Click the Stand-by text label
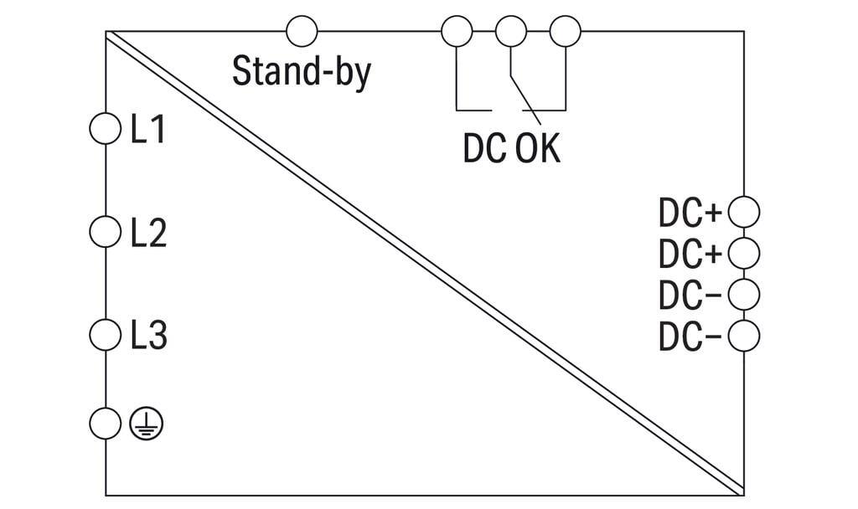coord(302,72)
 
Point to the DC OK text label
coord(512,148)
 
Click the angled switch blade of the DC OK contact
coord(526,99)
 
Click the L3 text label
coord(149,335)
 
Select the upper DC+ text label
coord(690,213)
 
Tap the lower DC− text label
coord(690,337)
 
